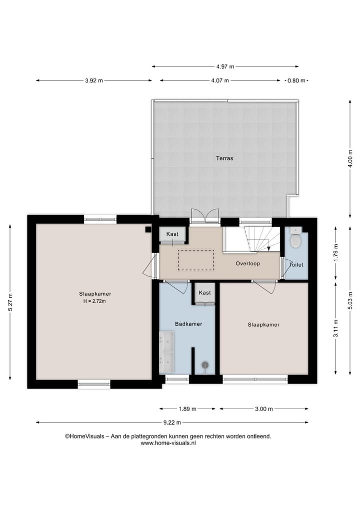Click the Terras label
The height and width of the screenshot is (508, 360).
click(224, 158)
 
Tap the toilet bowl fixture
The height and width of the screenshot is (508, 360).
click(295, 240)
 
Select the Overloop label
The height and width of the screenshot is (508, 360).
click(247, 263)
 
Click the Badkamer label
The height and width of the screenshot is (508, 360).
click(188, 324)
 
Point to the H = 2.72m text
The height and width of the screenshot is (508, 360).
click(94, 301)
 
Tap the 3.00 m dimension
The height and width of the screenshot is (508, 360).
click(263, 409)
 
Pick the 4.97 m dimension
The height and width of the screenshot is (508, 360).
click(225, 66)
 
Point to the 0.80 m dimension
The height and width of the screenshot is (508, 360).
click(295, 80)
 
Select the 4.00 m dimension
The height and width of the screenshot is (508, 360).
click(350, 159)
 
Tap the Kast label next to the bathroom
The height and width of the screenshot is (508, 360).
click(204, 293)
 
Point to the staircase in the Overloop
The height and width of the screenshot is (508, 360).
click(260, 239)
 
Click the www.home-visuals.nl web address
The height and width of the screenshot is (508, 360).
click(168, 443)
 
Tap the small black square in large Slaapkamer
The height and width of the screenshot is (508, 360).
click(148, 229)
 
